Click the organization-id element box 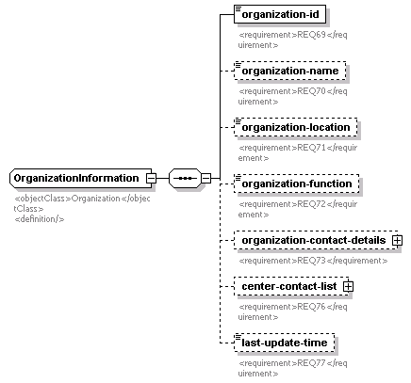click(280, 14)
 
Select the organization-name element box click(290, 71)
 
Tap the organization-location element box click(296, 127)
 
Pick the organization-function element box click(297, 184)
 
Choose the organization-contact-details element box click(317, 240)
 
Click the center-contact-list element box click(292, 286)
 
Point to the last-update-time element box click(284, 343)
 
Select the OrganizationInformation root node click(81, 178)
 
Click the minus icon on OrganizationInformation click(151, 178)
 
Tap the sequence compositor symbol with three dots click(185, 178)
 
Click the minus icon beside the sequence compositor click(205, 178)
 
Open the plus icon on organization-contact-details click(397, 240)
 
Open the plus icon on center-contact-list click(348, 286)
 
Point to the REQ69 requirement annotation click(292, 40)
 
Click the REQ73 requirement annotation click(313, 261)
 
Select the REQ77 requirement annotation click(292, 368)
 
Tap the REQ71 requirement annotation click(298, 152)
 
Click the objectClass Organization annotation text click(82, 203)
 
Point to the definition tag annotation click(40, 219)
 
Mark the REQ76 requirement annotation click(292, 311)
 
